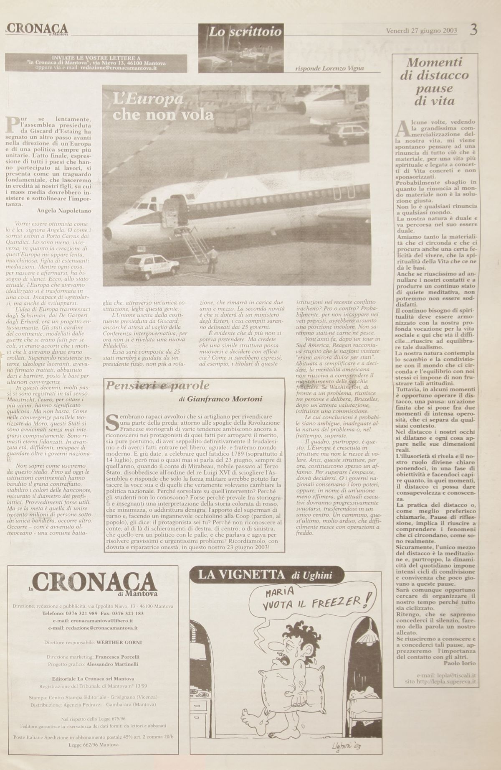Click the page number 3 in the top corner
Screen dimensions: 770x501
pos(473,30)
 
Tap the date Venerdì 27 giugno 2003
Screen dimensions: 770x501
pos(421,31)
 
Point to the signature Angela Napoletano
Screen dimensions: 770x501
pos(64,210)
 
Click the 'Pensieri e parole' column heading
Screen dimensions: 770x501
pos(158,385)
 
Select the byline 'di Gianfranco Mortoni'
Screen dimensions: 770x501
pos(220,399)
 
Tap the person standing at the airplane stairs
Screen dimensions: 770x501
pos(213,260)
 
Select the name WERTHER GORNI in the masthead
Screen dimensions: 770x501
pos(119,642)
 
